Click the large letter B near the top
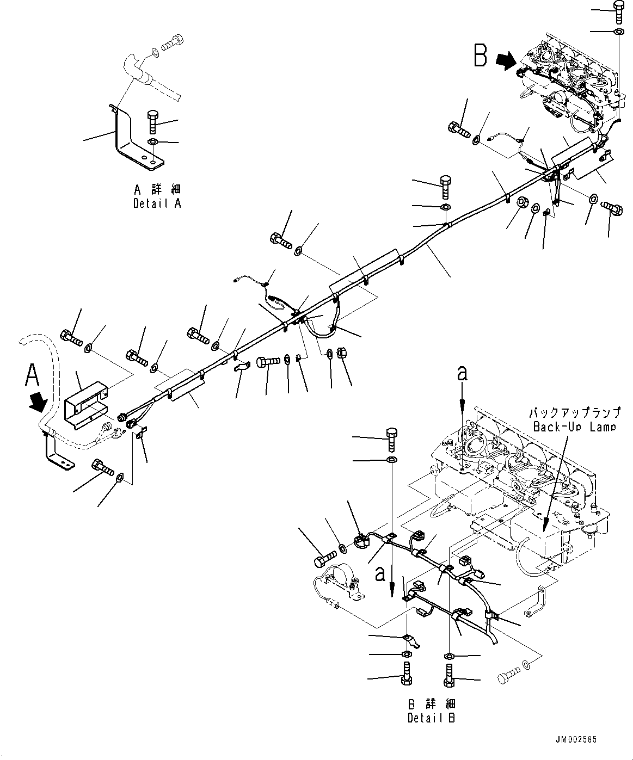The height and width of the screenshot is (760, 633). [480, 55]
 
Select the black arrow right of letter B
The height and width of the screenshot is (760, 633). [506, 61]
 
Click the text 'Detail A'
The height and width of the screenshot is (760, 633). [157, 203]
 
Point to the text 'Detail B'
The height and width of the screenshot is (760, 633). [431, 718]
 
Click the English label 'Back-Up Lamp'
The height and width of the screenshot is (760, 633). [575, 427]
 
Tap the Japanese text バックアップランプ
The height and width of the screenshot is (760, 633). [575, 413]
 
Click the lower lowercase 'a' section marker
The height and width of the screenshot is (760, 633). [380, 573]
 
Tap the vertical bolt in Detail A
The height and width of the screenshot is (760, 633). [152, 122]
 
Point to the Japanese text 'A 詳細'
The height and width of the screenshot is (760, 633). [157, 190]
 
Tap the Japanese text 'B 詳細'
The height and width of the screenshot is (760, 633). [431, 705]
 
